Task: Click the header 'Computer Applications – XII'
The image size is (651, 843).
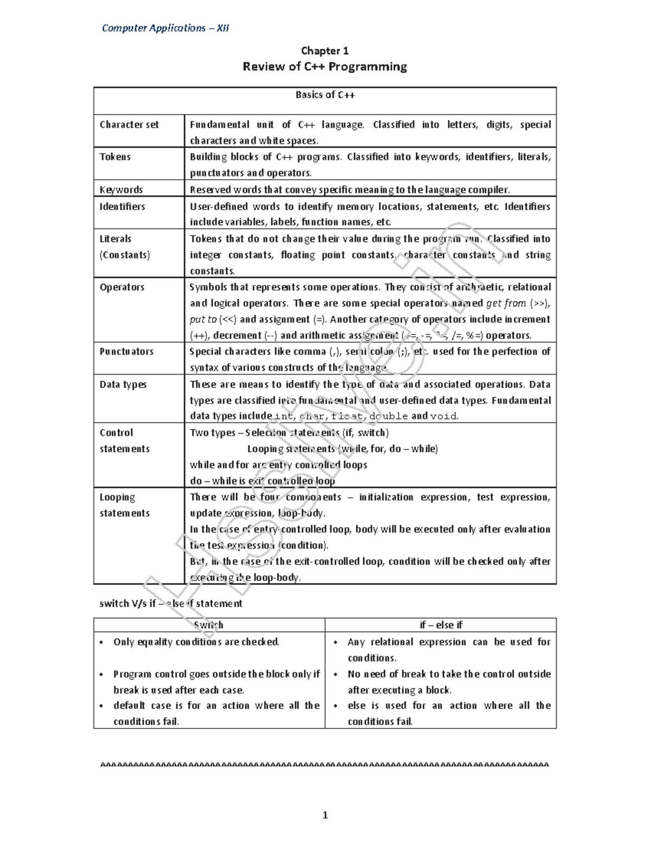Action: [x=165, y=28]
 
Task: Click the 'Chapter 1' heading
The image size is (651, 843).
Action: [x=324, y=51]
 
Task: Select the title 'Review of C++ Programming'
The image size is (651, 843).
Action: [x=324, y=67]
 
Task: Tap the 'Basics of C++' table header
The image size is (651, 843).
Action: [x=325, y=95]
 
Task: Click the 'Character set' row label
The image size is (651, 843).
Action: [x=129, y=125]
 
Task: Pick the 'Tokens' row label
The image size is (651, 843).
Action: [x=115, y=157]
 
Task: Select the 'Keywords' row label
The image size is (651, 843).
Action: [x=121, y=189]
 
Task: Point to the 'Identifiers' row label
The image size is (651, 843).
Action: [x=122, y=207]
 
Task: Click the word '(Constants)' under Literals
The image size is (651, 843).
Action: [x=125, y=255]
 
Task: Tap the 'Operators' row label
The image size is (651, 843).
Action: [x=122, y=287]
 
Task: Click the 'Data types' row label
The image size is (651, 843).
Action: [x=123, y=384]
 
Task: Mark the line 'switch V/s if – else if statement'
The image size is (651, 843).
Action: [x=170, y=604]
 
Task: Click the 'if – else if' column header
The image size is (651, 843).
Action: [x=441, y=625]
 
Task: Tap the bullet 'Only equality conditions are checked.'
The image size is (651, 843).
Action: [x=196, y=642]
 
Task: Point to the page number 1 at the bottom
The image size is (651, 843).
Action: [x=325, y=815]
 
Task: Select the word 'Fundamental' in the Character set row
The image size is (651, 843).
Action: [x=219, y=125]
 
